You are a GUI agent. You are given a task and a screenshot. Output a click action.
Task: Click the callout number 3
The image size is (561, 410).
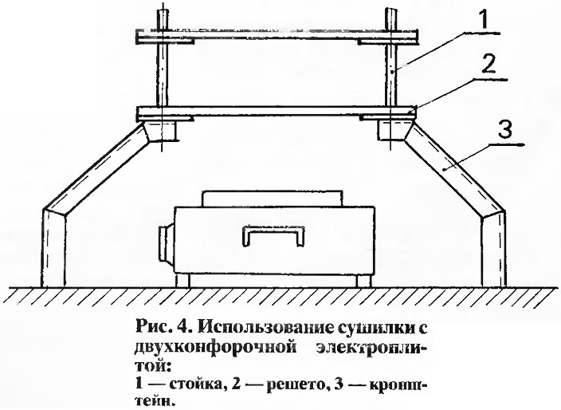505,130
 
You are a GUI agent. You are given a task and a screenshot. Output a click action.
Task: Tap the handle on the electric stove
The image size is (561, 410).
273,235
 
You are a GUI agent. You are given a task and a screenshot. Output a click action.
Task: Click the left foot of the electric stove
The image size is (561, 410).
182,280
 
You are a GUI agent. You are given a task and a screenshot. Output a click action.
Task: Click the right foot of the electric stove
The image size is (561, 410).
363,280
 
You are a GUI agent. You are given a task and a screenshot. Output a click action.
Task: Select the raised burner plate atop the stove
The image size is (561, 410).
273,198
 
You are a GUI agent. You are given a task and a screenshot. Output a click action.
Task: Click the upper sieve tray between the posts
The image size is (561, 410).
277,37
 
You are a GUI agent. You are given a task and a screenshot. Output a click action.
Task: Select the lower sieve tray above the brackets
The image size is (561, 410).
277,112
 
